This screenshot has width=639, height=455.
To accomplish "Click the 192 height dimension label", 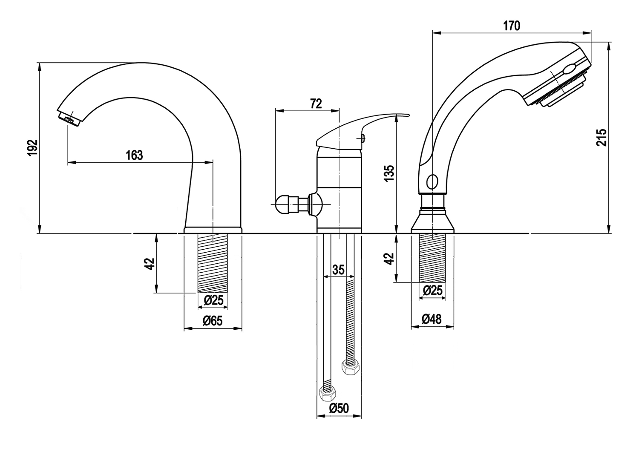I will click(x=33, y=147).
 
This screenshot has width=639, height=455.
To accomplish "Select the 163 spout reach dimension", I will click(x=134, y=155).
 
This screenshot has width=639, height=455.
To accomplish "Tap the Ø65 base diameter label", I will click(x=213, y=321).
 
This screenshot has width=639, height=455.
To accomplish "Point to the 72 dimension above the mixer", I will click(x=316, y=103).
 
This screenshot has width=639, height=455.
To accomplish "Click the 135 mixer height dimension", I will click(x=389, y=174).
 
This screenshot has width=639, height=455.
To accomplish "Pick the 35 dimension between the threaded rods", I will click(x=338, y=270).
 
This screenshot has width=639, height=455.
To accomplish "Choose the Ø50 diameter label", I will click(x=339, y=408).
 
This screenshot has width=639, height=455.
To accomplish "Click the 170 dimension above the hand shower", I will click(x=511, y=26).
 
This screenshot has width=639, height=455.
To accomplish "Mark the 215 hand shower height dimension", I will click(x=601, y=137).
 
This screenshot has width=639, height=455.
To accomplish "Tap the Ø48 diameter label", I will click(x=432, y=319).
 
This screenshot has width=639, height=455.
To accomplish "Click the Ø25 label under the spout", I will click(x=213, y=300).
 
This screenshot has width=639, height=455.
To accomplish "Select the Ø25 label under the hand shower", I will click(x=433, y=291).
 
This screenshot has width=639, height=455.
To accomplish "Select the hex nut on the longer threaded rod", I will click(x=327, y=394).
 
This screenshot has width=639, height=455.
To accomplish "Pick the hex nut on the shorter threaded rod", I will click(x=350, y=366).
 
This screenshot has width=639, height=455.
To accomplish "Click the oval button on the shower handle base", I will click(x=432, y=182).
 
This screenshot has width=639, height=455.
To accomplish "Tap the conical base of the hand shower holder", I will click(x=432, y=223).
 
